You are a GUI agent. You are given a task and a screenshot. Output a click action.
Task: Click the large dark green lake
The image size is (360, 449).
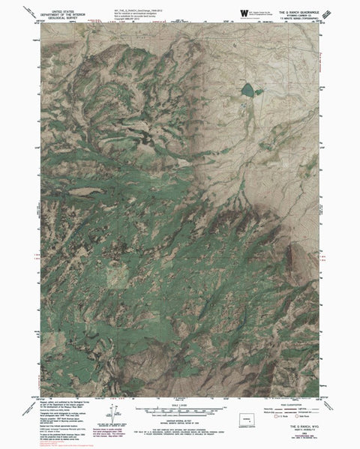[x=247, y=91]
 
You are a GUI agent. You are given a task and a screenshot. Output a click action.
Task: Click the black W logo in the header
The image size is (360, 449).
[x=243, y=13]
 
